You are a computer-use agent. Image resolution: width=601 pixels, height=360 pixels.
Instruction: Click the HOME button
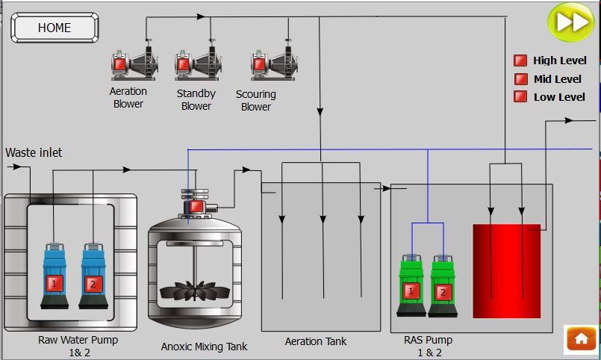coord(54,28)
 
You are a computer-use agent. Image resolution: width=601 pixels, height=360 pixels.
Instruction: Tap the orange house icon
coord(581,338)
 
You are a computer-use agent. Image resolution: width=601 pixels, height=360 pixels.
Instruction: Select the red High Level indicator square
coord(521,61)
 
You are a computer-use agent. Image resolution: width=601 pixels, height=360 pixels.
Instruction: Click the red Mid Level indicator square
coord(521,79)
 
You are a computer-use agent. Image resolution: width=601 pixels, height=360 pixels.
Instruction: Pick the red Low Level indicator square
coord(521,97)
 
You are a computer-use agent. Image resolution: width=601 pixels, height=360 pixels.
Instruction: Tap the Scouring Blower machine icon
coord(275,63)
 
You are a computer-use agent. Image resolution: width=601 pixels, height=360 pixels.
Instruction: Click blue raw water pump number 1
coord(55,274)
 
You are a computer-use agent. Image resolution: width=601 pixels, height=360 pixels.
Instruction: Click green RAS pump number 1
coord(411,281)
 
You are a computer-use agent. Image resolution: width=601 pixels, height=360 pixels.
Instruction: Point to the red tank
coord(506,270)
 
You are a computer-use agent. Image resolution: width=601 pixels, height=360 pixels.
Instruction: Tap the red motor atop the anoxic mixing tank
coord(196,205)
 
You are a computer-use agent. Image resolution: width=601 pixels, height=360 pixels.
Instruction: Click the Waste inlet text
coord(34,152)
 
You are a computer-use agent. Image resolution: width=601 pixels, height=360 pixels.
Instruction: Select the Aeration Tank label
coord(316,341)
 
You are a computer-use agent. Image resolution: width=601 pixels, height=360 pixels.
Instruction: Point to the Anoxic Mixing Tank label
coord(204,347)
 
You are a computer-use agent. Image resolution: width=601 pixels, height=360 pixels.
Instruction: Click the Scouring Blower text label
coord(256,101)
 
